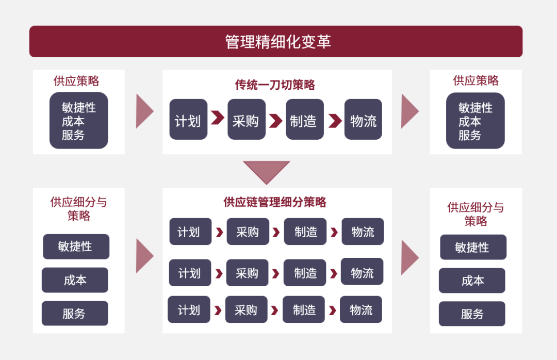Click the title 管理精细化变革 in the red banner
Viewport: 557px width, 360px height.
[278, 42]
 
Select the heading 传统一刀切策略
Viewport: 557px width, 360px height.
[275, 85]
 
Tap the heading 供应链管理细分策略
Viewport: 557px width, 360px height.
[274, 202]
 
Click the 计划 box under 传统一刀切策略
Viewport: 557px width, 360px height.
[188, 120]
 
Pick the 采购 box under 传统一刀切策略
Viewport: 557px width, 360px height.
[247, 120]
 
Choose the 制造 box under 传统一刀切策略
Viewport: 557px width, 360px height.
[305, 120]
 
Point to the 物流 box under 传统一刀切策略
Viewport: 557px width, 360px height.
[363, 120]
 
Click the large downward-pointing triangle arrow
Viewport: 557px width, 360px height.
[267, 172]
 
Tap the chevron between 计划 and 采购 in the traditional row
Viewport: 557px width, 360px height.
[218, 118]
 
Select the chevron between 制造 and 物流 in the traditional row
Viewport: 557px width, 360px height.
[335, 121]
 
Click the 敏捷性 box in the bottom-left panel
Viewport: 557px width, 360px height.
[76, 247]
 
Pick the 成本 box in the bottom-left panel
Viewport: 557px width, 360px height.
[75, 280]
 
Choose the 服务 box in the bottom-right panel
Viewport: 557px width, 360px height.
[472, 314]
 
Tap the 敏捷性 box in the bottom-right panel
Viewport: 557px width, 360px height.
[473, 247]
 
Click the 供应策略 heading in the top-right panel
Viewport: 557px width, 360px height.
[476, 80]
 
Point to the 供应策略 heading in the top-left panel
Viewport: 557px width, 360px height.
[76, 81]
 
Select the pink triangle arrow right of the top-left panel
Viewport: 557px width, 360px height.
[144, 111]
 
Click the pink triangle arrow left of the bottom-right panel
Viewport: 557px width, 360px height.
[410, 258]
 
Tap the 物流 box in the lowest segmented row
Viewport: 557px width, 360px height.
[361, 309]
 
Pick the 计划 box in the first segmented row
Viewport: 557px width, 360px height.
[190, 232]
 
